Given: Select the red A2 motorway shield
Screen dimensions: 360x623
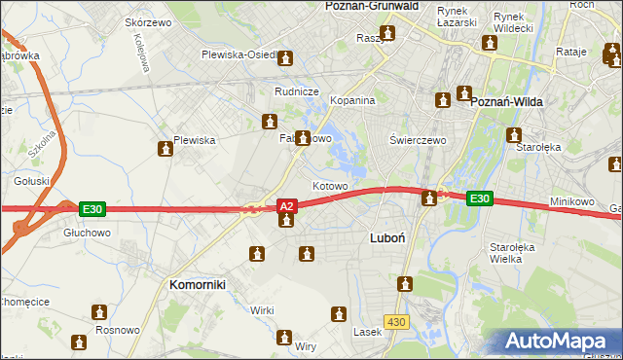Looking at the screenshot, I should [286, 206].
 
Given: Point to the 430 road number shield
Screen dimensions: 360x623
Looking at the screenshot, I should [395, 320].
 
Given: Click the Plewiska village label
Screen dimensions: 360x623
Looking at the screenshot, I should [194, 140].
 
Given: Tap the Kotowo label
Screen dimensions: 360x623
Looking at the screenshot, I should [330, 185].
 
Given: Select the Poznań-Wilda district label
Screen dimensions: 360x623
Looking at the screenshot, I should [506, 101].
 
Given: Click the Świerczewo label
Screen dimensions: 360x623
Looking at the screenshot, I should [418, 140].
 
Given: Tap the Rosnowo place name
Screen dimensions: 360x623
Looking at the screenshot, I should [118, 330].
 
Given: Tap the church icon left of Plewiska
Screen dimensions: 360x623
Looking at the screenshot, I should [165, 148].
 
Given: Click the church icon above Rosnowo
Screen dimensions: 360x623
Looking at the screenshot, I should [98, 312].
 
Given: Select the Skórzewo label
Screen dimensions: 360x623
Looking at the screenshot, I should [148, 21].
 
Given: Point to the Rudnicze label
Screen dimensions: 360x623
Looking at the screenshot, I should [298, 91].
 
